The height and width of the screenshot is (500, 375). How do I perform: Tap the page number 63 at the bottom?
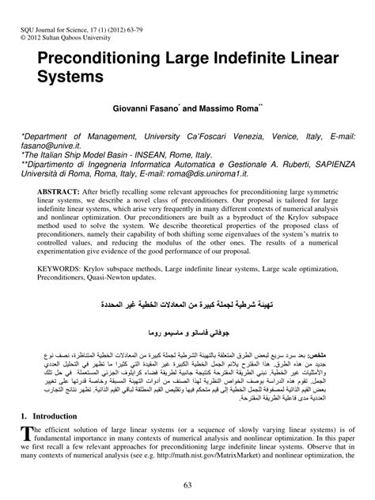[187, 484]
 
